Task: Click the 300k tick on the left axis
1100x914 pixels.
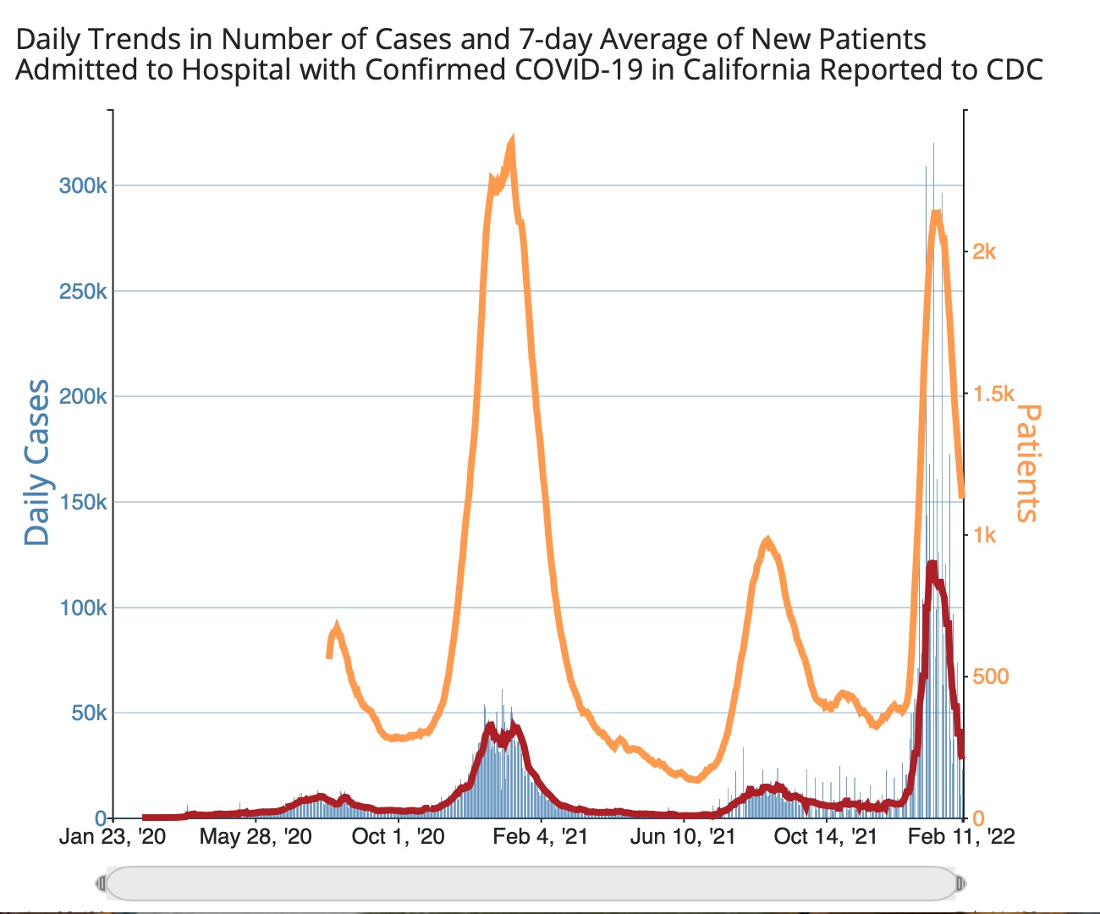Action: point(83,185)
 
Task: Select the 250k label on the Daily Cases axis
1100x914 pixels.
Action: point(83,291)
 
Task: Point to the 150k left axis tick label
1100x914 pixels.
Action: point(83,502)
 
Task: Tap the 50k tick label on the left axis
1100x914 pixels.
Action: point(89,713)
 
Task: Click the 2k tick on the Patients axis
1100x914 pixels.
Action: point(984,251)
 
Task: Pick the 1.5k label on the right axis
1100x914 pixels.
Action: point(993,394)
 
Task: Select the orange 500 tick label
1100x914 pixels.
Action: point(991,676)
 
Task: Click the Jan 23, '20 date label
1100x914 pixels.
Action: point(113,837)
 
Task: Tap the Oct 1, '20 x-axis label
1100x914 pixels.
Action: point(398,837)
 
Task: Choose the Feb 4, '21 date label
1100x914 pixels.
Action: point(540,837)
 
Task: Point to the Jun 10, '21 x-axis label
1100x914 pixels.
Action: point(683,837)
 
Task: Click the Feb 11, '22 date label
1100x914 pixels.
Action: point(961,837)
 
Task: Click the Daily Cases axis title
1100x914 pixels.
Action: point(37,462)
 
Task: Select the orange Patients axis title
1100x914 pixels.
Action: point(1026,463)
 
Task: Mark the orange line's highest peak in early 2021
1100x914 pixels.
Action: point(511,141)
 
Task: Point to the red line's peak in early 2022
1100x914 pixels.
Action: point(932,564)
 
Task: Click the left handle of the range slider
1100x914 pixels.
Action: point(102,884)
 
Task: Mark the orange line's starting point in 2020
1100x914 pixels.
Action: point(329,656)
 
